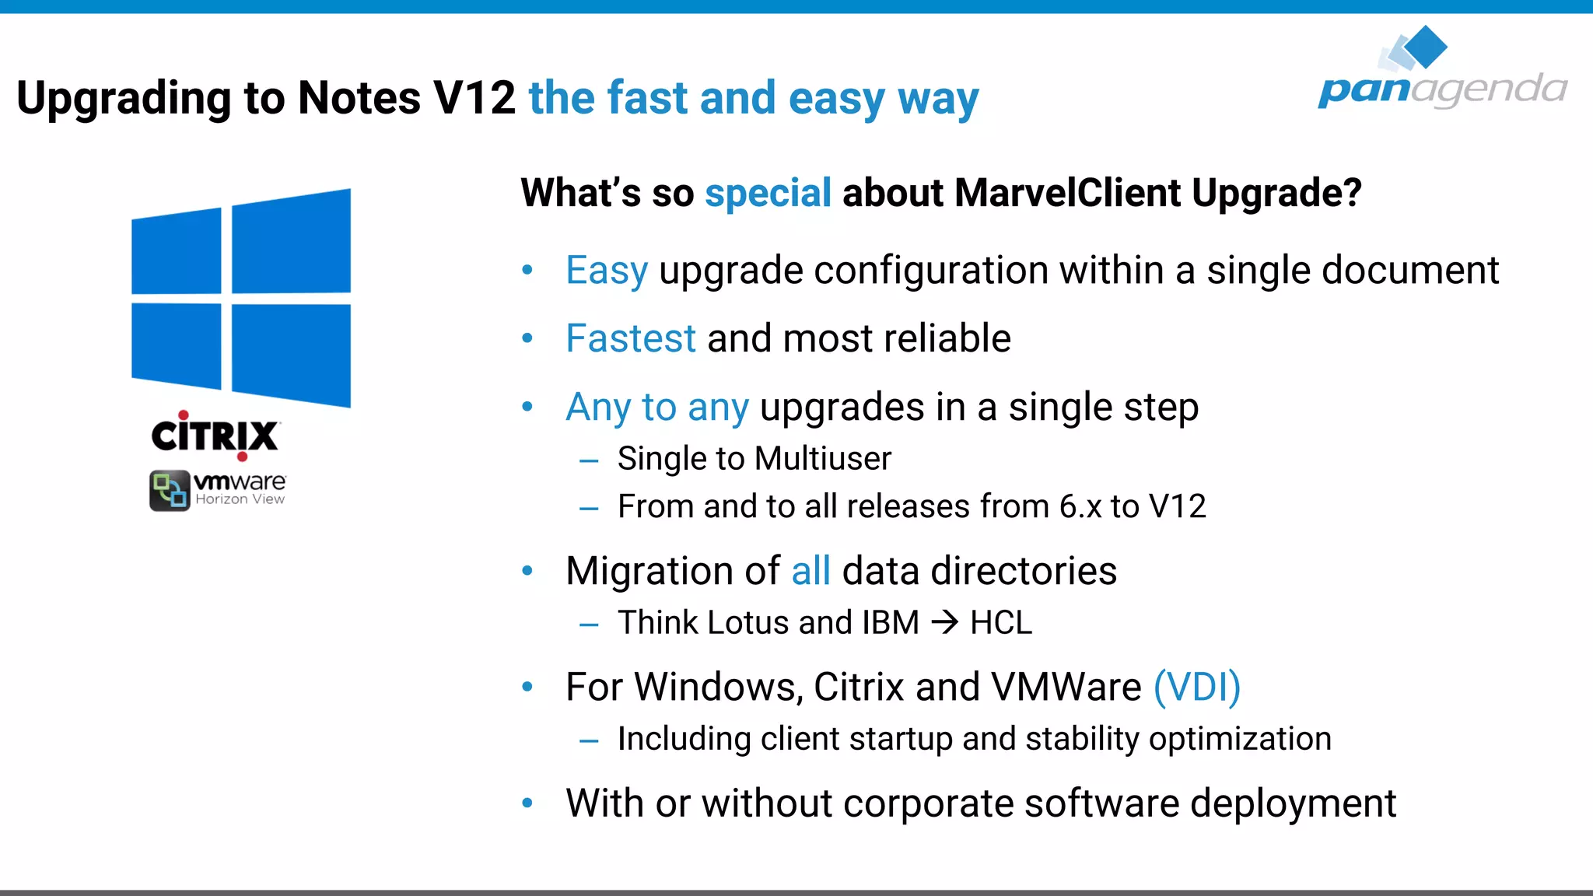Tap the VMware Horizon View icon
tap(170, 490)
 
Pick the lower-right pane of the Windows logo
tap(291, 355)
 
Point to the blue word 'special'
tap(768, 193)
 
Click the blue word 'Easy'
tap(607, 271)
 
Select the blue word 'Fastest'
tap(631, 338)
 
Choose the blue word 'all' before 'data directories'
tap(811, 571)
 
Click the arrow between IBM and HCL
tap(944, 622)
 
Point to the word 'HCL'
tap(1001, 623)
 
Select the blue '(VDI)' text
tap(1196, 687)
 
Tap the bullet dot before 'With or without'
tap(527, 803)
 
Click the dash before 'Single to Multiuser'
tap(589, 460)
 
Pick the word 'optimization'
tap(1240, 739)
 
